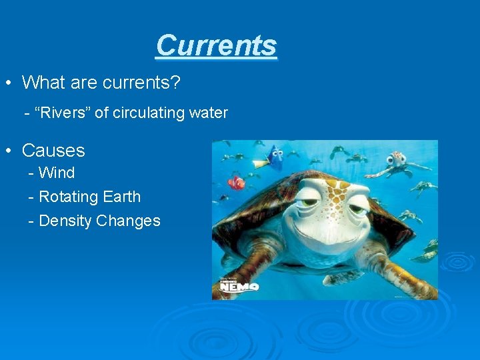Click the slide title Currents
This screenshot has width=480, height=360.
tap(216, 45)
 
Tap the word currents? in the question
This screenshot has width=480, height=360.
tap(145, 83)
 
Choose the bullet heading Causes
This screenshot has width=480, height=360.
tap(53, 151)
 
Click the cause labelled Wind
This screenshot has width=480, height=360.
tap(57, 173)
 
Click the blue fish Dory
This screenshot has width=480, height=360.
tap(273, 157)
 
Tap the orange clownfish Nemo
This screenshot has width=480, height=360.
tap(236, 182)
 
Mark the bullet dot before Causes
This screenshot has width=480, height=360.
tap(8, 151)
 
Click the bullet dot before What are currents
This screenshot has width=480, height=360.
tap(8, 83)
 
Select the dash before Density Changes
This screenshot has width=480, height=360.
tap(31, 221)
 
